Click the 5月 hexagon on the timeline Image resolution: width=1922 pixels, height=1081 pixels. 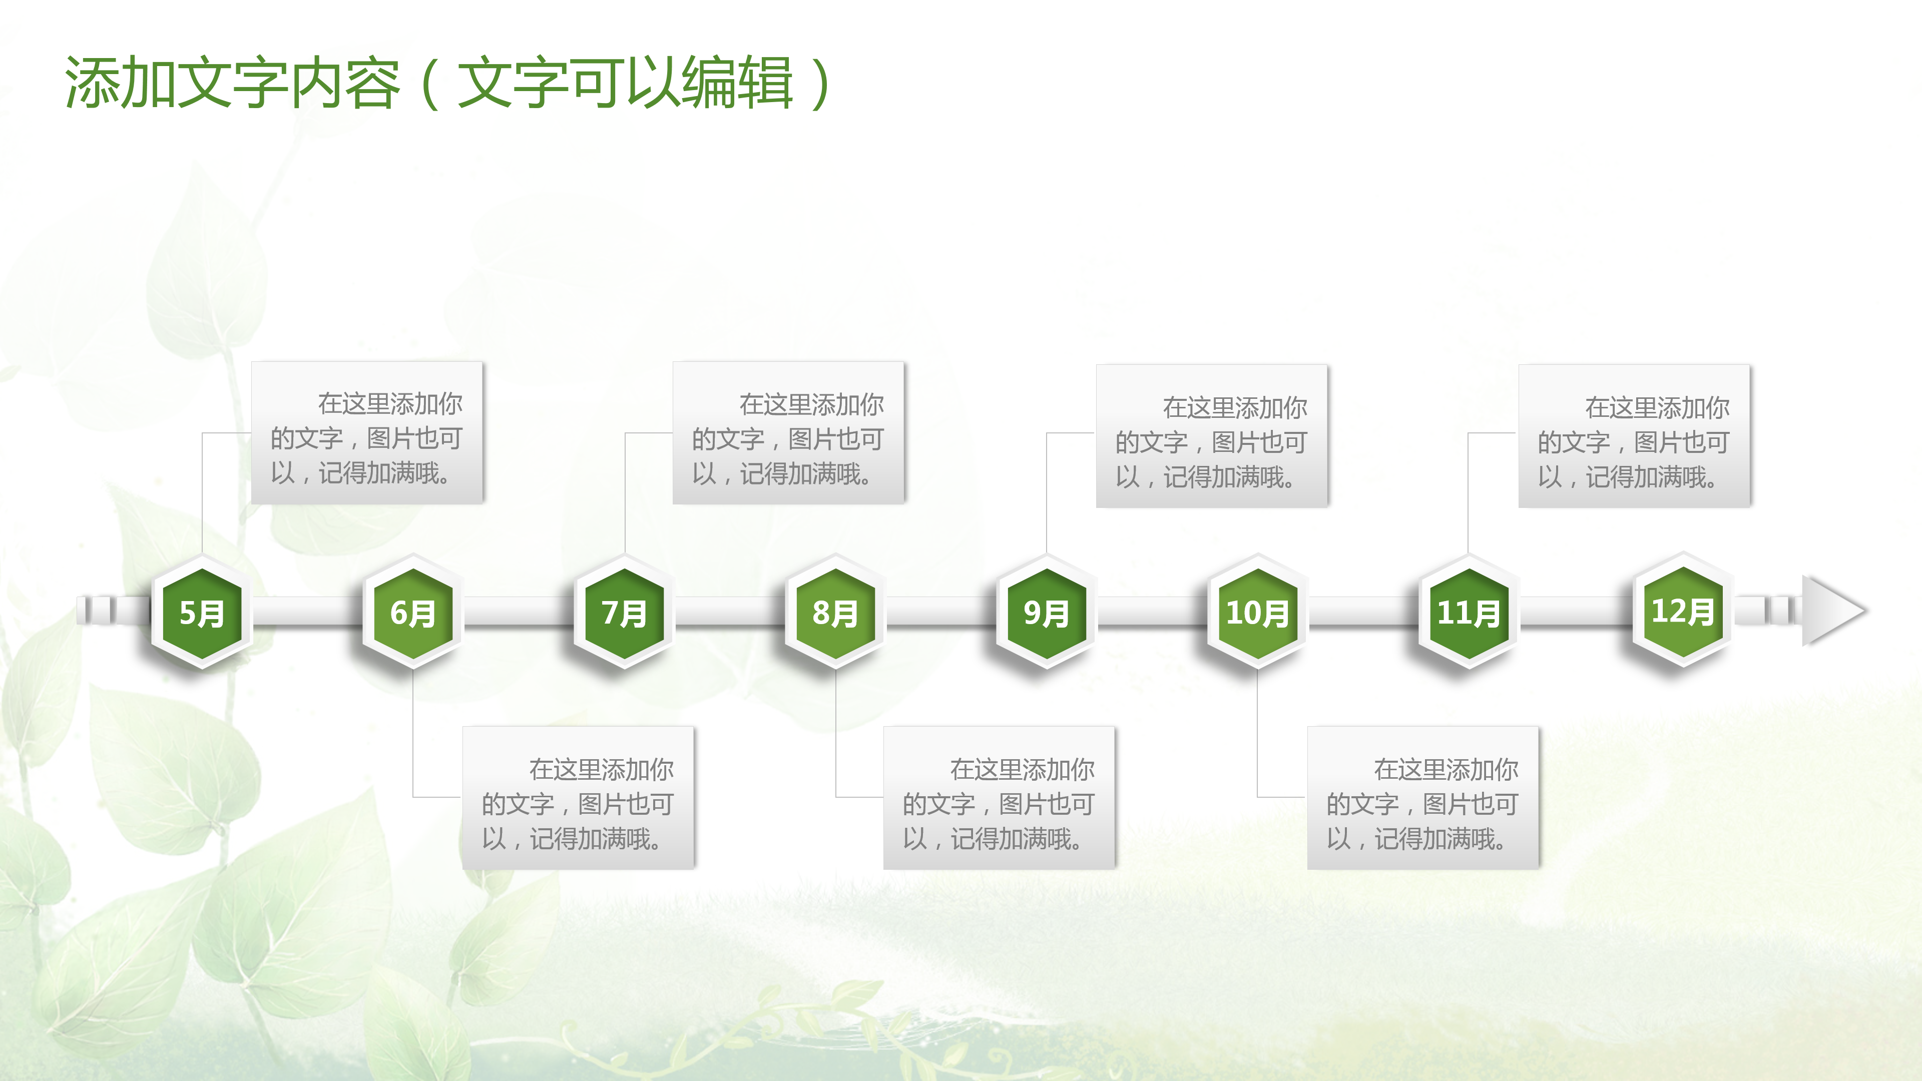pos(201,613)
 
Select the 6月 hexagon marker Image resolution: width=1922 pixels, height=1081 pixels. pos(412,613)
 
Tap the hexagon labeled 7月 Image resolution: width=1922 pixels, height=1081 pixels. pos(624,613)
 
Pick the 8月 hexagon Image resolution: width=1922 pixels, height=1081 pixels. pos(835,613)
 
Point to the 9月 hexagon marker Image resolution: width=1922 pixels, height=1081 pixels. pos(1046,613)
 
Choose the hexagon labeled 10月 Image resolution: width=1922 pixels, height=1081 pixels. pos(1257,613)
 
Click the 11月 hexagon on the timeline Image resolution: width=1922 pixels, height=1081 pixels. pos(1469,613)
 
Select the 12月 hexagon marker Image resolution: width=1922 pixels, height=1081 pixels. pos(1682,611)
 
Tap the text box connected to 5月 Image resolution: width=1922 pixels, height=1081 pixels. pos(367,433)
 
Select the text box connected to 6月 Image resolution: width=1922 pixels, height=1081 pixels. pos(578,798)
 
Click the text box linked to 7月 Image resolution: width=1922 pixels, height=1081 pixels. pos(789,433)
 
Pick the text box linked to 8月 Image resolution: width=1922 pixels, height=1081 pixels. pos(999,798)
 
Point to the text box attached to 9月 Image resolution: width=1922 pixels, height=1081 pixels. pos(1212,436)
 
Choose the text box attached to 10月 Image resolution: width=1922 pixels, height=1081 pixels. pos(1423,798)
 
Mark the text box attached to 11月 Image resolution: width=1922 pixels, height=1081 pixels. pos(1634,436)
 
